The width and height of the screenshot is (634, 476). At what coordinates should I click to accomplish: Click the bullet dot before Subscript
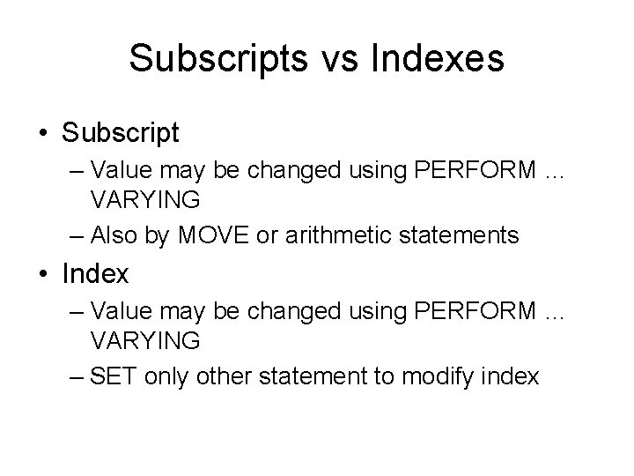[x=42, y=134]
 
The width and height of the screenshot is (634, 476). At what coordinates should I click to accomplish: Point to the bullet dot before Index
[x=42, y=274]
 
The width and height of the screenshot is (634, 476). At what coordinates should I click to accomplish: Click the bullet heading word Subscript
[x=120, y=134]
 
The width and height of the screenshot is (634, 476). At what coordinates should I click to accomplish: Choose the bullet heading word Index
[x=95, y=274]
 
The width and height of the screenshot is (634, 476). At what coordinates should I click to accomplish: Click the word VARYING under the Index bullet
[x=145, y=339]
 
